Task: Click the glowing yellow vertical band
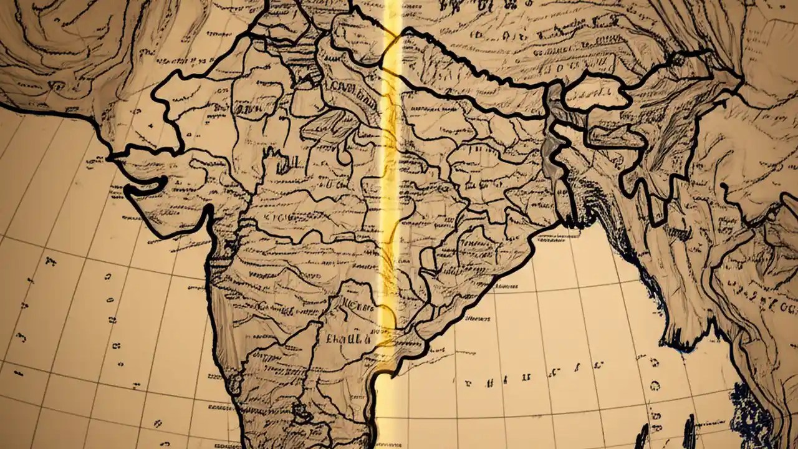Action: (391, 187)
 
